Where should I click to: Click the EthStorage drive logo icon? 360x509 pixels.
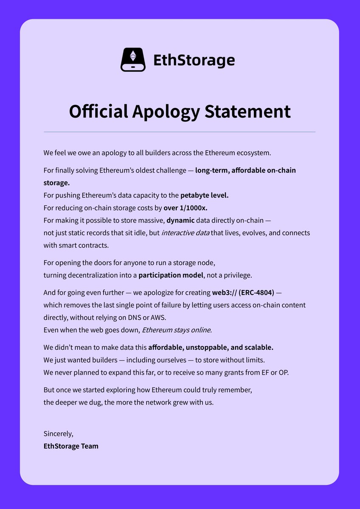point(133,59)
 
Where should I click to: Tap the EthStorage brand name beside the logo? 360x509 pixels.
point(194,60)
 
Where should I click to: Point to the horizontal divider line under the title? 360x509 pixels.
point(180,132)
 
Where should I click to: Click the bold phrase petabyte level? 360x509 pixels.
point(204,196)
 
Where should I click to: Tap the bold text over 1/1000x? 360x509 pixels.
point(185,208)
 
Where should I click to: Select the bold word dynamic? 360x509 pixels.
point(180,220)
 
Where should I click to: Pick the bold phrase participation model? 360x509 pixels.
point(171,275)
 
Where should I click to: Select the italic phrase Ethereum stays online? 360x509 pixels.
point(177,330)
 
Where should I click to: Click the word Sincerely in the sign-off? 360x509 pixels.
point(58,434)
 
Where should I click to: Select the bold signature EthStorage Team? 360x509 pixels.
point(71,446)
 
